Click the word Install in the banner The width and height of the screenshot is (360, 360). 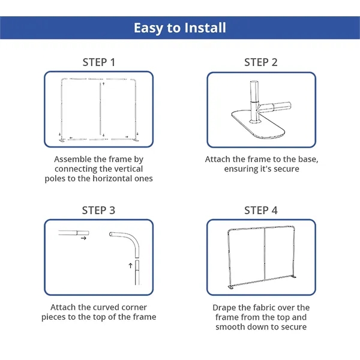pos(205,28)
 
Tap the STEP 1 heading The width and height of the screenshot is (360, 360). pos(99,62)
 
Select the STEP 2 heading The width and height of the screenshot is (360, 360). pos(261,62)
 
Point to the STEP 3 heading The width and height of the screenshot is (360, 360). pos(98,211)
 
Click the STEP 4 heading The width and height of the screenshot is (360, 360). pos(261,211)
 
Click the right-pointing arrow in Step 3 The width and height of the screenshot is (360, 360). pos(83,238)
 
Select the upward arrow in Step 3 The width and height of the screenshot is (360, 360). pos(130,266)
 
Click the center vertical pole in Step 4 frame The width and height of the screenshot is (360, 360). pos(265,254)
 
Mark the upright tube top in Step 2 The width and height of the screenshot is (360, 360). pos(254,83)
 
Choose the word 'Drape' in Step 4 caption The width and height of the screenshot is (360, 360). pos(223,308)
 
